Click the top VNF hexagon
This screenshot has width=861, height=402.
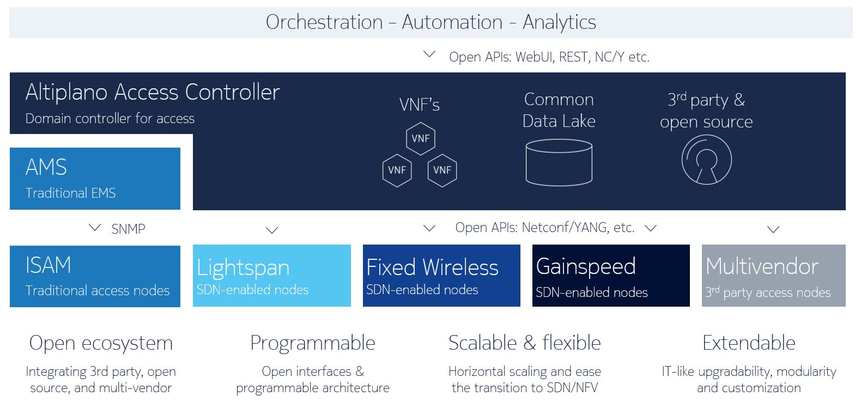pyautogui.click(x=420, y=138)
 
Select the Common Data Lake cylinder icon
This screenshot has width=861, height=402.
pyautogui.click(x=559, y=162)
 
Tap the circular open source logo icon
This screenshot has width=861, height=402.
pyautogui.click(x=706, y=160)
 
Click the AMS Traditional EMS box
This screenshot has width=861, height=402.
pyautogui.click(x=95, y=179)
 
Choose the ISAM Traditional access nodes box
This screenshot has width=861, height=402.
pyautogui.click(x=95, y=276)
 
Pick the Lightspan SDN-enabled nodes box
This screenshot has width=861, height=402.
pyautogui.click(x=271, y=276)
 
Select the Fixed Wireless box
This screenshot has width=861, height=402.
pyautogui.click(x=441, y=276)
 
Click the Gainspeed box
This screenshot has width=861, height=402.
pyautogui.click(x=611, y=276)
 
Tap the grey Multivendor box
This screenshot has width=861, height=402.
pyautogui.click(x=773, y=276)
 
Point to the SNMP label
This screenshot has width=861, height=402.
pyautogui.click(x=128, y=229)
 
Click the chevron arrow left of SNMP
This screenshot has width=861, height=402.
pyautogui.click(x=95, y=228)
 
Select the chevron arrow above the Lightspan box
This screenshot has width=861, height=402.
pyautogui.click(x=271, y=230)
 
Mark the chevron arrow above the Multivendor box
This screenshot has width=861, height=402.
pyautogui.click(x=773, y=229)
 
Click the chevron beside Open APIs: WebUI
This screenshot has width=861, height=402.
pyautogui.click(x=429, y=54)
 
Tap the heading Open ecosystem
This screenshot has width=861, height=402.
pyautogui.click(x=101, y=343)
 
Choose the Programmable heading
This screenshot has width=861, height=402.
pyautogui.click(x=312, y=343)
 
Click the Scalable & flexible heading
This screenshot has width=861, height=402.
pyautogui.click(x=524, y=343)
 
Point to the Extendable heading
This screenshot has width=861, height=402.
pyautogui.click(x=749, y=343)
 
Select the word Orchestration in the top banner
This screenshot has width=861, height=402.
pyautogui.click(x=324, y=22)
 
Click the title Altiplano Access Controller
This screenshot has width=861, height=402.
pyautogui.click(x=152, y=92)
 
